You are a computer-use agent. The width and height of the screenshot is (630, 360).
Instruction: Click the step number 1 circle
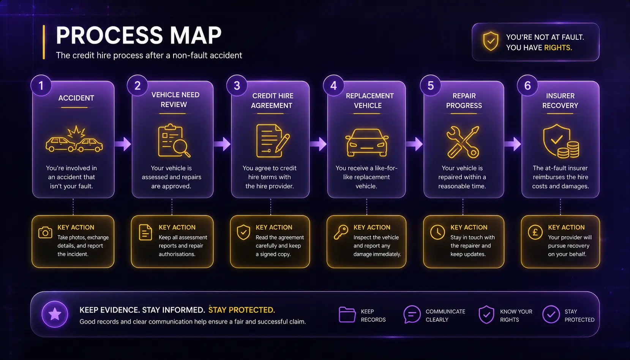coord(41,85)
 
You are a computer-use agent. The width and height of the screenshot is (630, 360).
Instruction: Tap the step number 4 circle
coord(333,85)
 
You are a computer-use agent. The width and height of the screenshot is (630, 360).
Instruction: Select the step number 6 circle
coord(527,85)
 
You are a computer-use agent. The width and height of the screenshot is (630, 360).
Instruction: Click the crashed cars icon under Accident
coord(74,139)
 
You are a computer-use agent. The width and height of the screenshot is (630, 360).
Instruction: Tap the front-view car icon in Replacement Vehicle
coord(367,142)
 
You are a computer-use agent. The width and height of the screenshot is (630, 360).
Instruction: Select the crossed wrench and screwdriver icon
coord(463,142)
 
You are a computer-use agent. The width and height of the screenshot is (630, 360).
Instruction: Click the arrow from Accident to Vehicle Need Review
coord(123,144)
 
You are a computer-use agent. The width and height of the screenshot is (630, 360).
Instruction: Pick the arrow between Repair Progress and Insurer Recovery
coord(512,144)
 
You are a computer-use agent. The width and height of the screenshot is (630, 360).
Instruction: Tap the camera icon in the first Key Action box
coord(45,232)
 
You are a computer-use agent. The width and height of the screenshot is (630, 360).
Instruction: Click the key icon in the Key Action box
coord(341,232)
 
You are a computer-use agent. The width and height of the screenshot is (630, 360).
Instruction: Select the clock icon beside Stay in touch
coord(437,232)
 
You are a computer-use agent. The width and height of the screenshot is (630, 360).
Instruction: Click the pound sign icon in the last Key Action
coord(535,232)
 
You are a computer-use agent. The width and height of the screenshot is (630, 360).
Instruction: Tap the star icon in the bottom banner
coord(55,314)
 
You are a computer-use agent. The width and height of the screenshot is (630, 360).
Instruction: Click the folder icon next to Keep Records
coord(347,314)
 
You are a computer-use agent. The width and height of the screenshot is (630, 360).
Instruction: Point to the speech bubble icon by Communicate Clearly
coord(412,314)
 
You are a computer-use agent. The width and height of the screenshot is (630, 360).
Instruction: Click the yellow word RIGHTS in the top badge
coord(558,47)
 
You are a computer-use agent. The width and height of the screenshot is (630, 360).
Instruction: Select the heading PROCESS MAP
coord(139,35)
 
